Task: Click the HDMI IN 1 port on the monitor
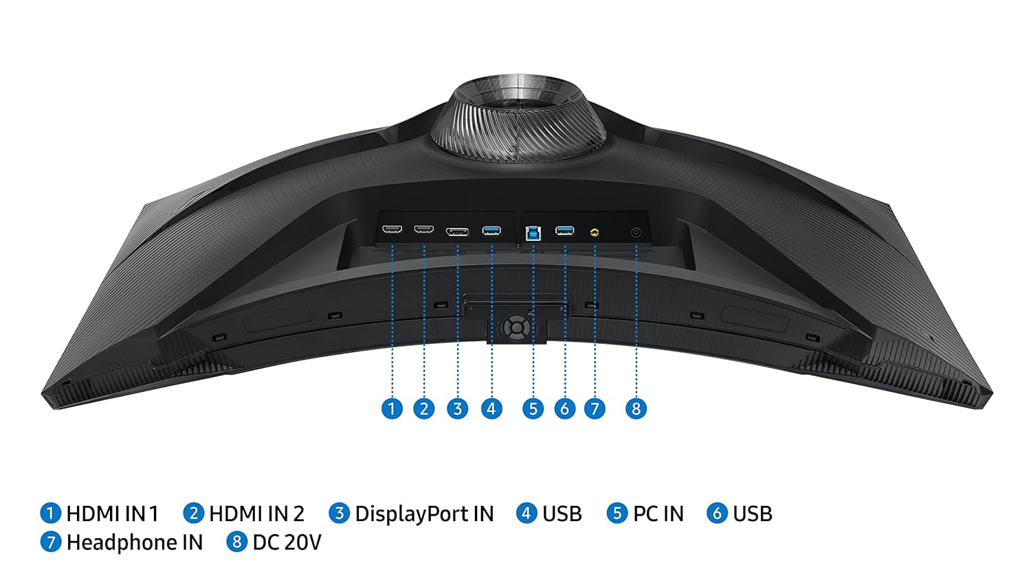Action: tap(391, 229)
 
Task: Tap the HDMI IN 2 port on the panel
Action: tap(423, 229)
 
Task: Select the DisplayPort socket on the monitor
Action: tap(457, 231)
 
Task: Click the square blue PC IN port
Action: tap(533, 232)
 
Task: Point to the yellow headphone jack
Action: tap(595, 232)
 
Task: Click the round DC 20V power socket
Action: tap(636, 233)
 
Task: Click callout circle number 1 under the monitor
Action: tap(392, 409)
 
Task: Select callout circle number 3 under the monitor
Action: tap(457, 409)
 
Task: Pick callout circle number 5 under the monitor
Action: tap(533, 409)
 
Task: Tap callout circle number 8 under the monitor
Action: tap(636, 409)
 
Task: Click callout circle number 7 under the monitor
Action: tap(595, 409)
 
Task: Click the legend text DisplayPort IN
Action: tap(424, 514)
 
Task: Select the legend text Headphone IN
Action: tap(134, 542)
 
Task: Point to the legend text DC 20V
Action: tap(287, 542)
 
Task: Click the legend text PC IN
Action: tap(658, 514)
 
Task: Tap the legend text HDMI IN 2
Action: tap(256, 514)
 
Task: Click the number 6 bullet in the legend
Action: tap(717, 513)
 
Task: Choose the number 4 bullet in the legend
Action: tap(526, 513)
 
